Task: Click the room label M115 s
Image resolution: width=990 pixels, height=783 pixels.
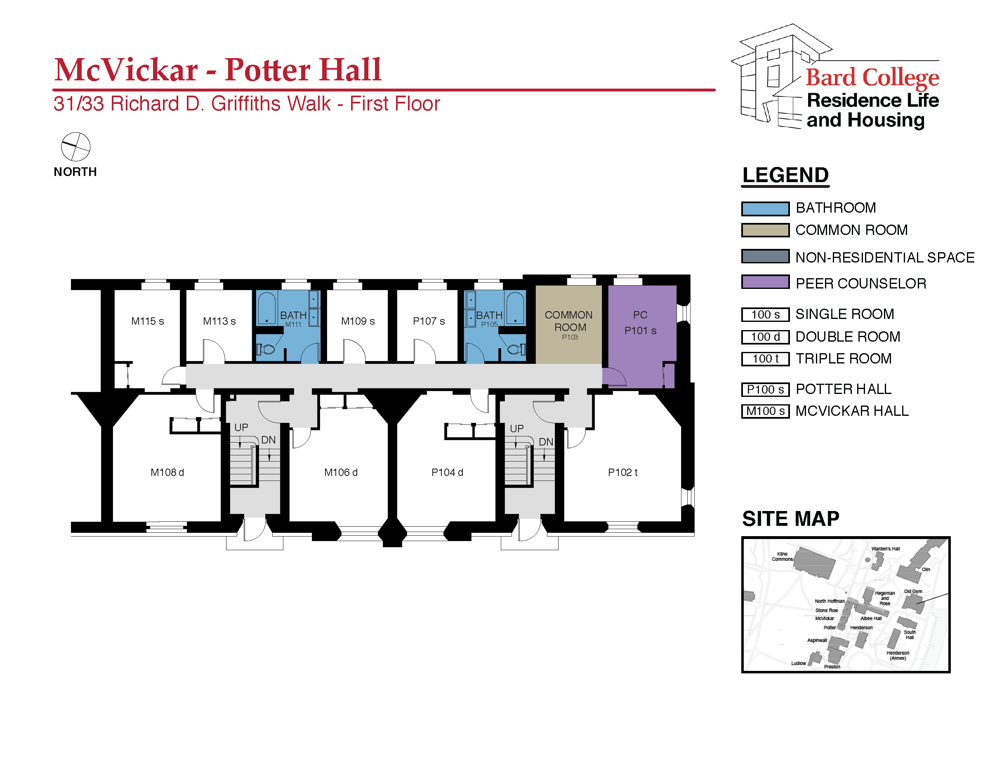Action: tap(147, 321)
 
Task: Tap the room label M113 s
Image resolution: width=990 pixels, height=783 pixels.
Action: tap(219, 321)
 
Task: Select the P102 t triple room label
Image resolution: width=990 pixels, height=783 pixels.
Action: tap(622, 472)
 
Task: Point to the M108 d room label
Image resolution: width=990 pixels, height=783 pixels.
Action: tap(167, 472)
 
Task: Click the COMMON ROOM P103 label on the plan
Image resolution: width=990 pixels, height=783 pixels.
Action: tap(569, 326)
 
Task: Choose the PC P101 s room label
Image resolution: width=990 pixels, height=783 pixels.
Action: tap(641, 323)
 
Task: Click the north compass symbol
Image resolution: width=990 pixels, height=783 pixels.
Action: tap(76, 147)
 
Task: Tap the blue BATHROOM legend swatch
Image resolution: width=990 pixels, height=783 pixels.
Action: tap(765, 209)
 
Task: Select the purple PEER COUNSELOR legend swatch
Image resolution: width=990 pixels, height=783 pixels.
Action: tap(765, 282)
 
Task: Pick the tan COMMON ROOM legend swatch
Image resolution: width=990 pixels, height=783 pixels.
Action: tap(765, 230)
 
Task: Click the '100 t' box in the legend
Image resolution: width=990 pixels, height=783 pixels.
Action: tap(765, 359)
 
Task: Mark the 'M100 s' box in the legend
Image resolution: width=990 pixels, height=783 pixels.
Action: tap(765, 411)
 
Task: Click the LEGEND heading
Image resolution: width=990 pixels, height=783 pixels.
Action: tap(785, 175)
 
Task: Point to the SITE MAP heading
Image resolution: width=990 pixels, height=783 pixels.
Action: tap(790, 519)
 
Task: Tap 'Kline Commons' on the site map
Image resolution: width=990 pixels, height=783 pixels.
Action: tap(782, 556)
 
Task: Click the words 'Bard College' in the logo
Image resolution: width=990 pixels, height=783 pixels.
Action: tap(872, 77)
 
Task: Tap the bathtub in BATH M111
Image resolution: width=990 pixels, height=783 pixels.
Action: tap(266, 307)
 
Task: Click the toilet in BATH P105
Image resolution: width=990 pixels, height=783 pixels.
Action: tap(515, 350)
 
